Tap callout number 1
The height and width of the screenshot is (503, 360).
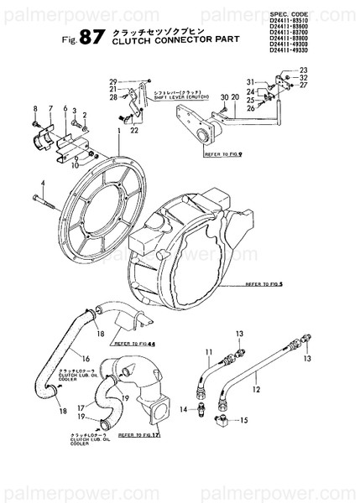[121, 132]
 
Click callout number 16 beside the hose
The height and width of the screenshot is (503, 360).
[86, 359]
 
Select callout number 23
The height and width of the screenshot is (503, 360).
[303, 70]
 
